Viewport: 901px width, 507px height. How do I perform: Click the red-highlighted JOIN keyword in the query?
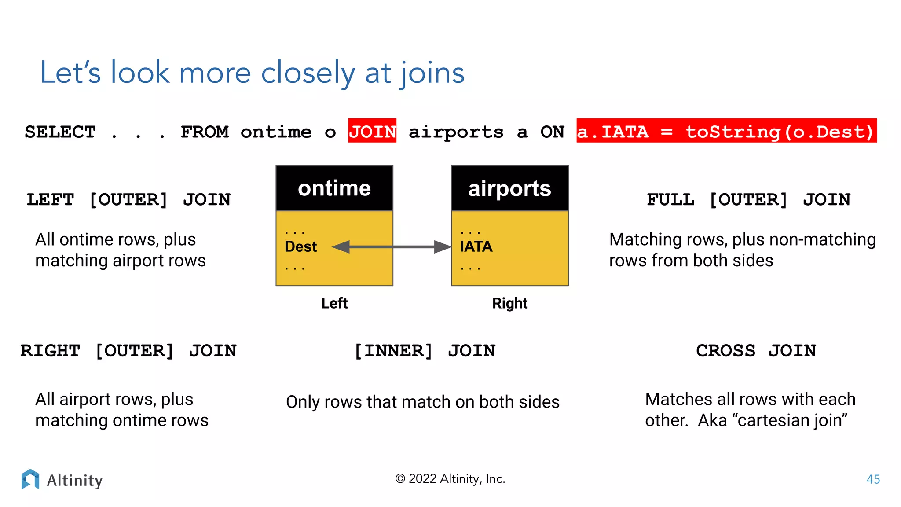[372, 131]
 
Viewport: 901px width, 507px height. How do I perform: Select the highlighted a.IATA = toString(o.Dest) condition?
[726, 131]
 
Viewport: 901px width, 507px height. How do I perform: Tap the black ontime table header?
[334, 188]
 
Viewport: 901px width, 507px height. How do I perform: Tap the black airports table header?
[509, 188]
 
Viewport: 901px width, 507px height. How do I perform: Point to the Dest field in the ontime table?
[300, 246]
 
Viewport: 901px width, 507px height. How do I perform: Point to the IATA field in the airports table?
[476, 246]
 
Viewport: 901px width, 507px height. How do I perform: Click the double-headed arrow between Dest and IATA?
[392, 247]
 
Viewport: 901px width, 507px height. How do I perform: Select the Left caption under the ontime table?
[334, 303]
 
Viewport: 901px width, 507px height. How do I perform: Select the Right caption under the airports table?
[509, 303]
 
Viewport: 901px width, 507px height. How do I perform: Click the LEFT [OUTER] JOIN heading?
[128, 200]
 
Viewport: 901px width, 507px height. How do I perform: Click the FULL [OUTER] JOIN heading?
[748, 200]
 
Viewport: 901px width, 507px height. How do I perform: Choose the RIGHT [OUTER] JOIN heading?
[128, 351]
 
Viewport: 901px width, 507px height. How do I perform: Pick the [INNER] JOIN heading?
[425, 351]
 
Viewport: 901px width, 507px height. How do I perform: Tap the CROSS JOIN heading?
[756, 351]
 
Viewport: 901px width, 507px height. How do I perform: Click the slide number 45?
[873, 479]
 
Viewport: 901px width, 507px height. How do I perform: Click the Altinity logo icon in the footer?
[30, 479]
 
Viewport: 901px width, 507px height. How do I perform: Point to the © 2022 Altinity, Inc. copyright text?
[450, 479]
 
